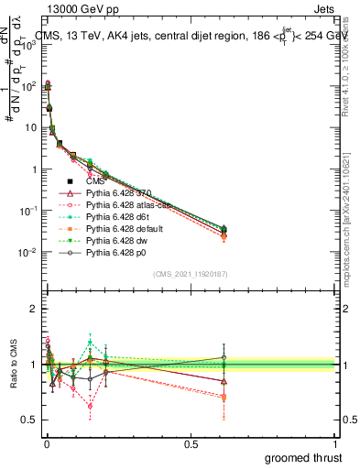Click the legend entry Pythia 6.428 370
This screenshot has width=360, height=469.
coord(118,193)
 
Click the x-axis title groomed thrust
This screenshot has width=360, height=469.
coord(305,457)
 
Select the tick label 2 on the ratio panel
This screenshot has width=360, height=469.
coord(34,309)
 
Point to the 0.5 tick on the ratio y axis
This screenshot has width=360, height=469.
coord(30,420)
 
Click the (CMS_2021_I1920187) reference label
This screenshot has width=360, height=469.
coord(190,274)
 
